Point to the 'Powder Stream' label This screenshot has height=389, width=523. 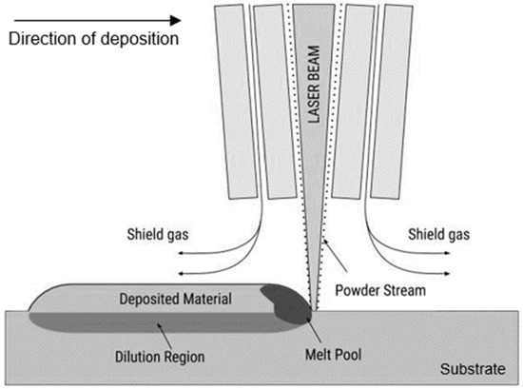[381, 285]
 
